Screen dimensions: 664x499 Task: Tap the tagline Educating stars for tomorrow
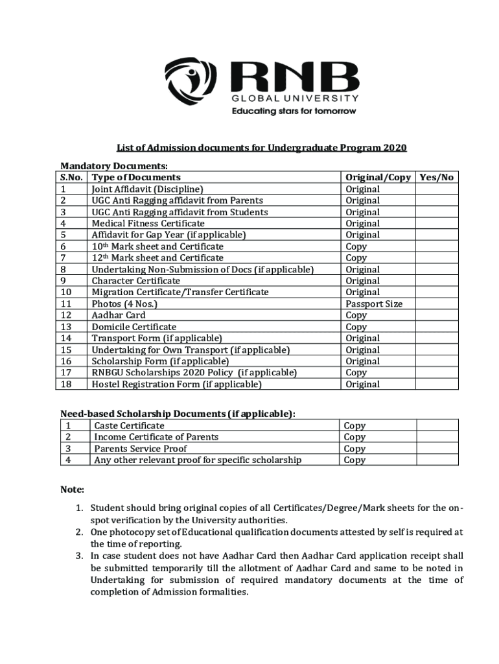pos(294,111)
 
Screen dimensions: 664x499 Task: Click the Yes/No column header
pos(437,177)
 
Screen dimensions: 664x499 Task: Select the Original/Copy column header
pos(378,177)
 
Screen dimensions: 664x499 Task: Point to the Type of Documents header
pos(136,177)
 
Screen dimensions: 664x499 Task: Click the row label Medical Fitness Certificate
pos(139,223)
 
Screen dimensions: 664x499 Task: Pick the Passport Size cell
pos(374,303)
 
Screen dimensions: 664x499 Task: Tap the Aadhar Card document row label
pos(119,315)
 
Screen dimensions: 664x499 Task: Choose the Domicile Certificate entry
pos(133,327)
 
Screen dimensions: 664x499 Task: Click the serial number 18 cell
pos(65,384)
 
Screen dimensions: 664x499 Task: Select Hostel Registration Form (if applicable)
pos(176,384)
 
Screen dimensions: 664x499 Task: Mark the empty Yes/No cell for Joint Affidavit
pos(437,189)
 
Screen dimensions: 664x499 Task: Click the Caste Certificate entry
pos(129,425)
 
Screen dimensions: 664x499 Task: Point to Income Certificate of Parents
pos(156,437)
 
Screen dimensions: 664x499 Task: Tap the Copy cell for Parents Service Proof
pos(354,449)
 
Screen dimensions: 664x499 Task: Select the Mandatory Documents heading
pos(114,166)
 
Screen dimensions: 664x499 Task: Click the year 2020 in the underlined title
pos(395,148)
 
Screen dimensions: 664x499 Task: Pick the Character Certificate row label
pos(136,281)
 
